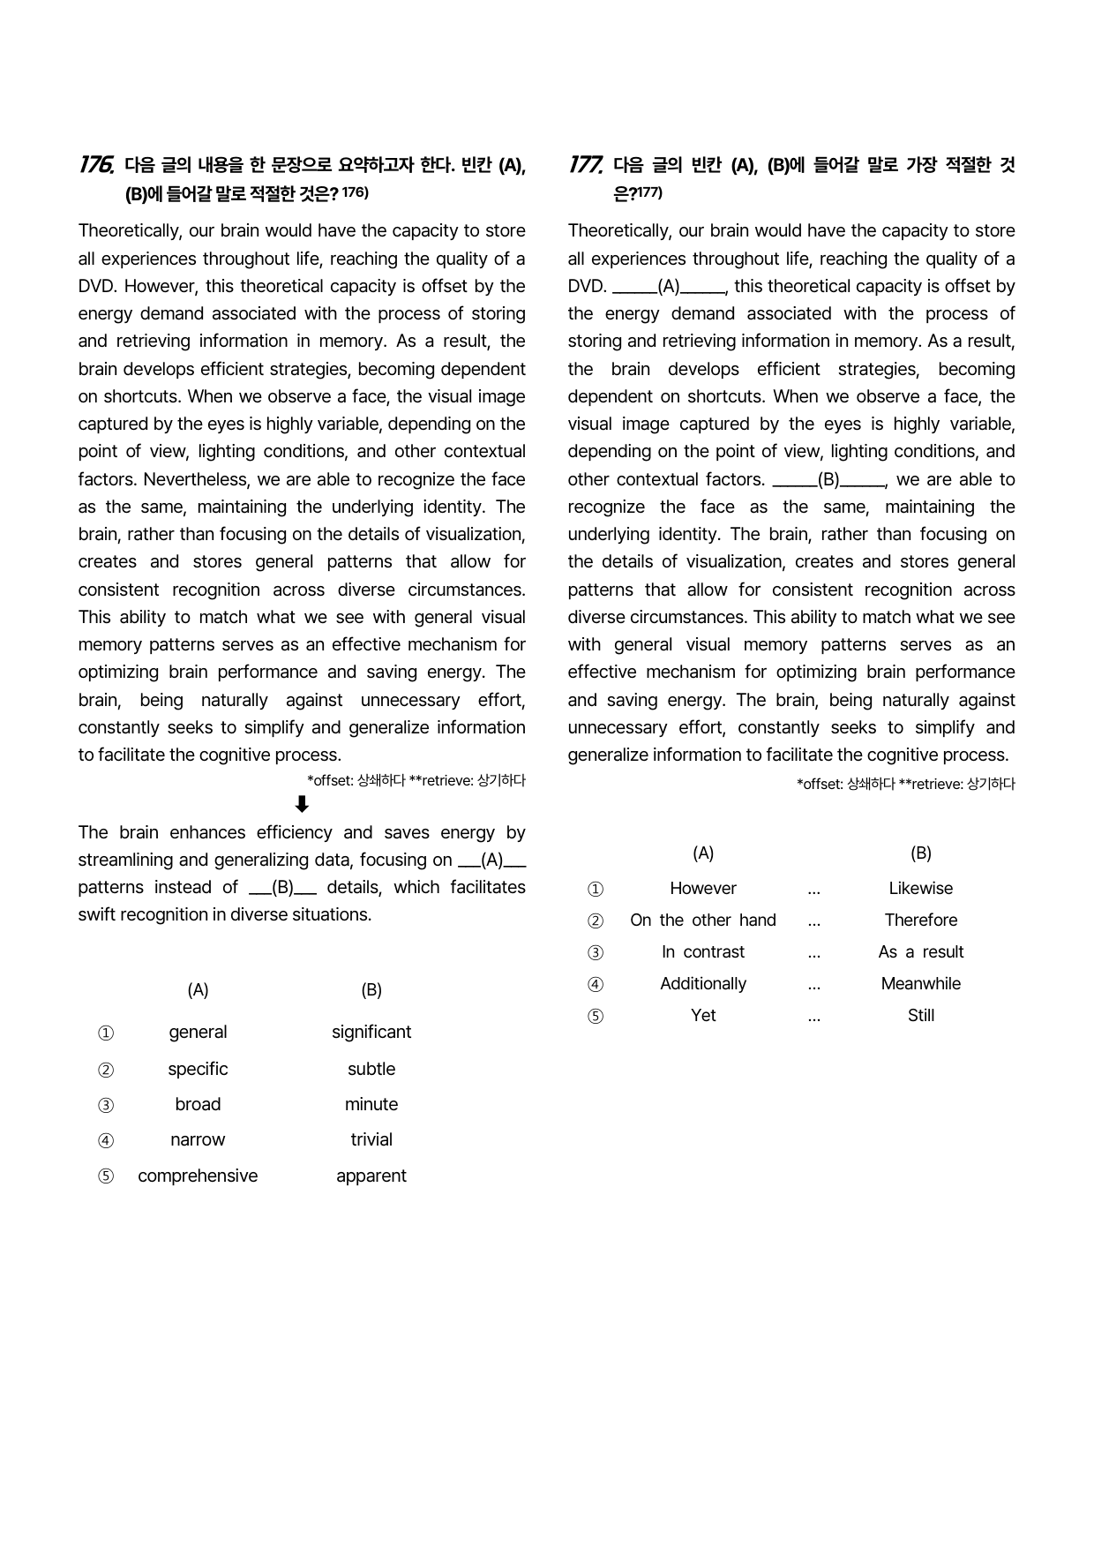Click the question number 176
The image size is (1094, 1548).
(x=95, y=165)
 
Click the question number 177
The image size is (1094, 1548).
(x=585, y=165)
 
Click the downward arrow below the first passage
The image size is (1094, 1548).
(x=302, y=804)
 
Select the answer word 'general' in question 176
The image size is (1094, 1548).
(x=198, y=1032)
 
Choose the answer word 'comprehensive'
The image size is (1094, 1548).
(x=198, y=1176)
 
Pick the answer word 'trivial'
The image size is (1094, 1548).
(x=371, y=1139)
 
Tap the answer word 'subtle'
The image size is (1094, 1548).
(x=371, y=1069)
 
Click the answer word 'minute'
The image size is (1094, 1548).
(x=371, y=1104)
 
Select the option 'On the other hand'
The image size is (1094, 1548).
(x=703, y=920)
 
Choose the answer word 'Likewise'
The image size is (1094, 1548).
(x=920, y=888)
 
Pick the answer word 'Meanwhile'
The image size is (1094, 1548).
(x=920, y=983)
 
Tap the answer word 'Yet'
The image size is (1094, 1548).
(x=703, y=1015)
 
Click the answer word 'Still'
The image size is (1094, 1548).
(x=920, y=1015)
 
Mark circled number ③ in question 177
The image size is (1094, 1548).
(x=596, y=952)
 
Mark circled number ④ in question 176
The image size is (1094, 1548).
(x=106, y=1140)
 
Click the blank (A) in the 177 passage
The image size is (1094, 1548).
(x=669, y=287)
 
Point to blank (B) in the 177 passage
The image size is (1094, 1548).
(x=828, y=480)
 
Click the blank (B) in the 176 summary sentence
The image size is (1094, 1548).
(x=282, y=888)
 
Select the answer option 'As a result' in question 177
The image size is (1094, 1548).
(x=920, y=951)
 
